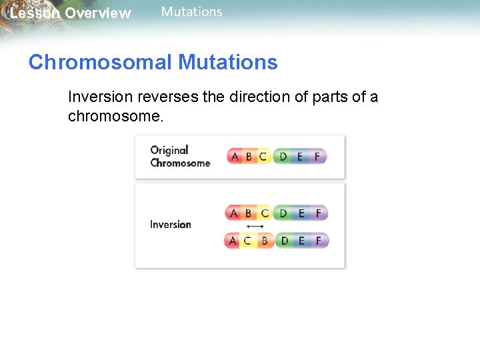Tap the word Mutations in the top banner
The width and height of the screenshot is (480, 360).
coord(192,12)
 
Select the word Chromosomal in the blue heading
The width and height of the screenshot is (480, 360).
coord(100,63)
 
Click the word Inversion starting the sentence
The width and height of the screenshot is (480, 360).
coord(101,97)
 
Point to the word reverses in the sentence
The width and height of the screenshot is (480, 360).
coord(167,97)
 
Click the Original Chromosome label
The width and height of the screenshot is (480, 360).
coord(180,157)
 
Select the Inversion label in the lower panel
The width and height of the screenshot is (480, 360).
coord(171,225)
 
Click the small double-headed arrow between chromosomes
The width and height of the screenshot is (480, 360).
coord(255,227)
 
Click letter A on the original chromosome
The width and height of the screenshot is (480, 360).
coord(234,157)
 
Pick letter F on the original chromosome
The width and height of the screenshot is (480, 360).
coord(317,157)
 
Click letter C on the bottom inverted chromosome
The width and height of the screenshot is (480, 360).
coord(248,241)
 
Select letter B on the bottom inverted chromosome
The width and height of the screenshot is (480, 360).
coord(265,241)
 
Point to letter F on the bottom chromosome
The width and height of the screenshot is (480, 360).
coord(319,241)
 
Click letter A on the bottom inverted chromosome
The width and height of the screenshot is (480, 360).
coord(232,241)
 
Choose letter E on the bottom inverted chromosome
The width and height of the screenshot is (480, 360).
coord(301,241)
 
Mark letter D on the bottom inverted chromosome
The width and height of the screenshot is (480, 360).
coord(285,241)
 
